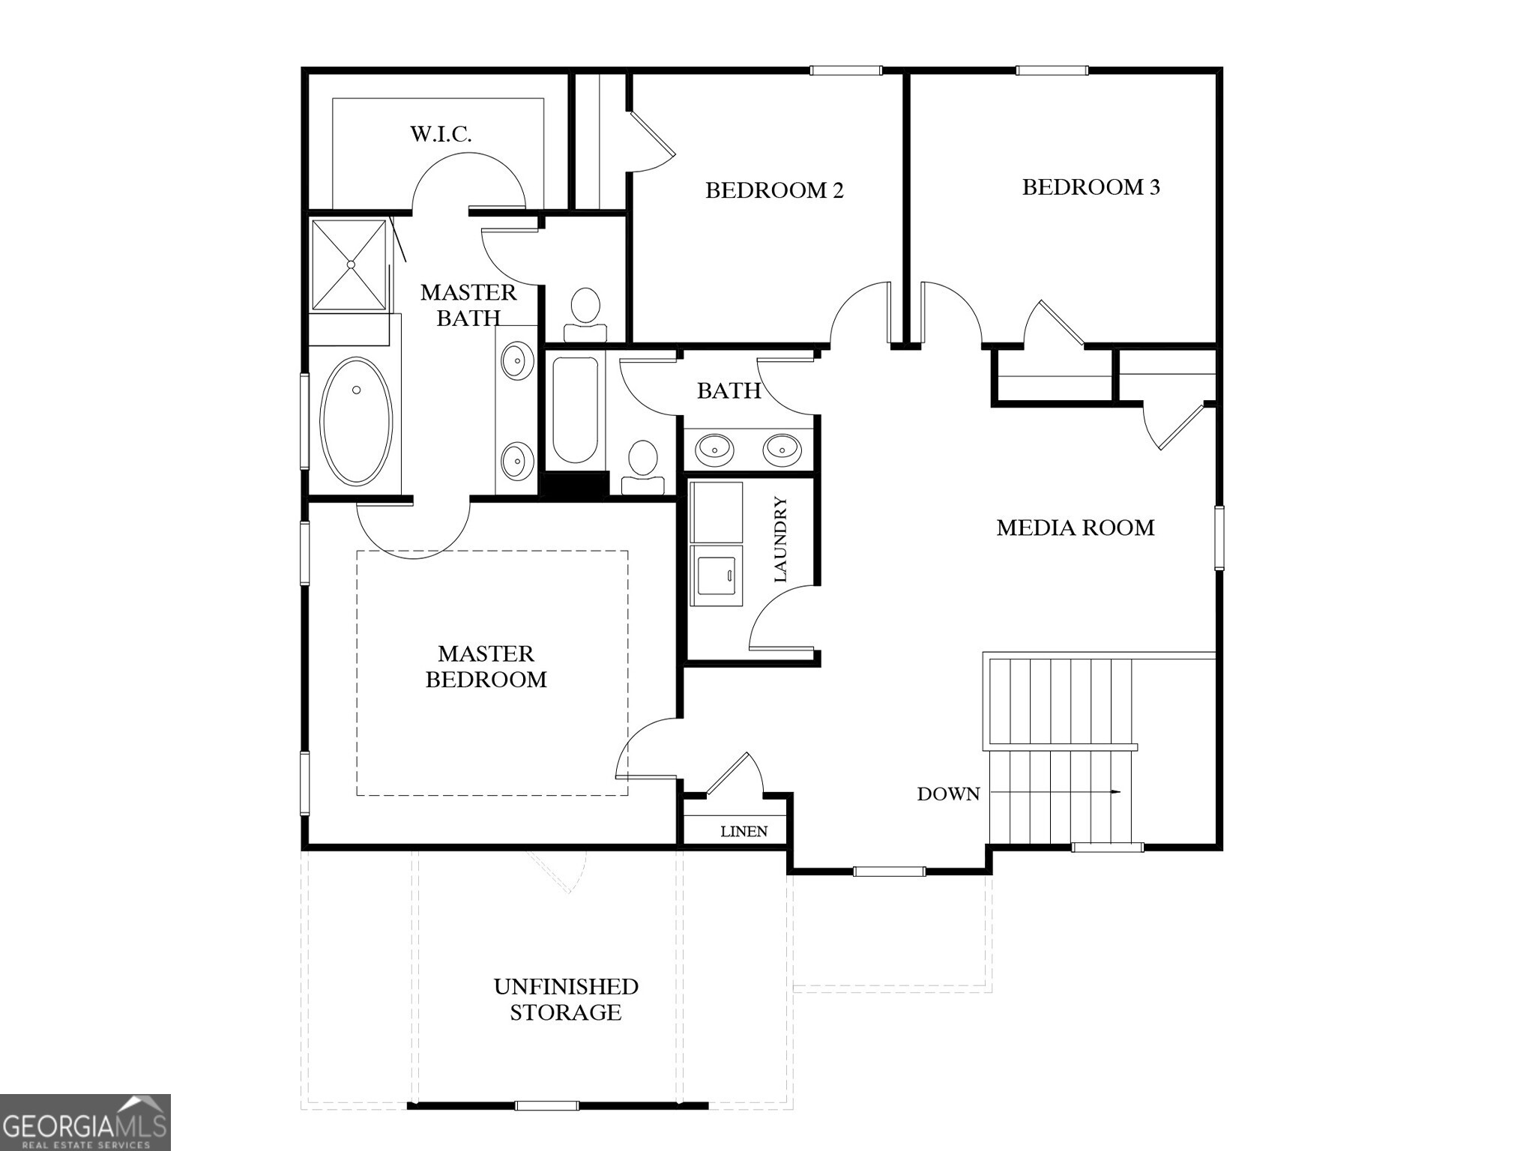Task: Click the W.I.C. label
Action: [x=441, y=134]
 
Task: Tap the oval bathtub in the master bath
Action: [x=356, y=421]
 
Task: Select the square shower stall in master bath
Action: [x=349, y=264]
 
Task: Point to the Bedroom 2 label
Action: [x=774, y=190]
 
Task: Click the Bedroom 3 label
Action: [x=1091, y=187]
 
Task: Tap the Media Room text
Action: [x=1075, y=528]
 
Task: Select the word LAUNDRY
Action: [x=780, y=540]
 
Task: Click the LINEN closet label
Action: [x=744, y=832]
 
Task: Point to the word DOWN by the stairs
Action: [x=948, y=794]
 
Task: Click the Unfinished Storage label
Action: [x=566, y=999]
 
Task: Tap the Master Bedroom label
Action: [x=486, y=666]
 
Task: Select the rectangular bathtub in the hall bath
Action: [x=575, y=409]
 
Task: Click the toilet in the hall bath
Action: [x=642, y=465]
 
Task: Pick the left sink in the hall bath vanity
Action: [x=714, y=450]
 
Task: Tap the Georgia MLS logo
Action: [x=85, y=1122]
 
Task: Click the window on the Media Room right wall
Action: [x=1219, y=537]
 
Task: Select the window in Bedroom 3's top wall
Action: [x=1052, y=70]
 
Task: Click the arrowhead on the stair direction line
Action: [x=1116, y=792]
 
